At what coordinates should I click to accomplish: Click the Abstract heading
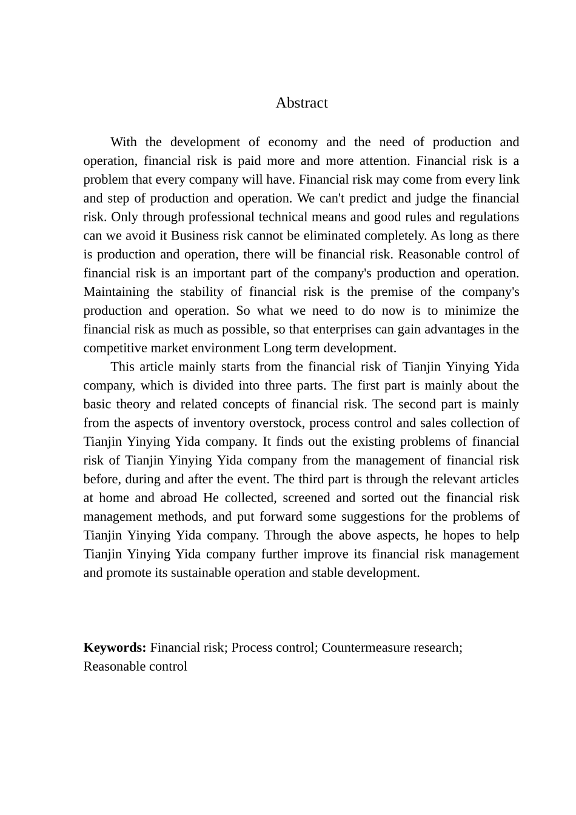point(301,103)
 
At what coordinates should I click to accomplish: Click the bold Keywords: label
point(115,648)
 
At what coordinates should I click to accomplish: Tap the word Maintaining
point(116,292)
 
